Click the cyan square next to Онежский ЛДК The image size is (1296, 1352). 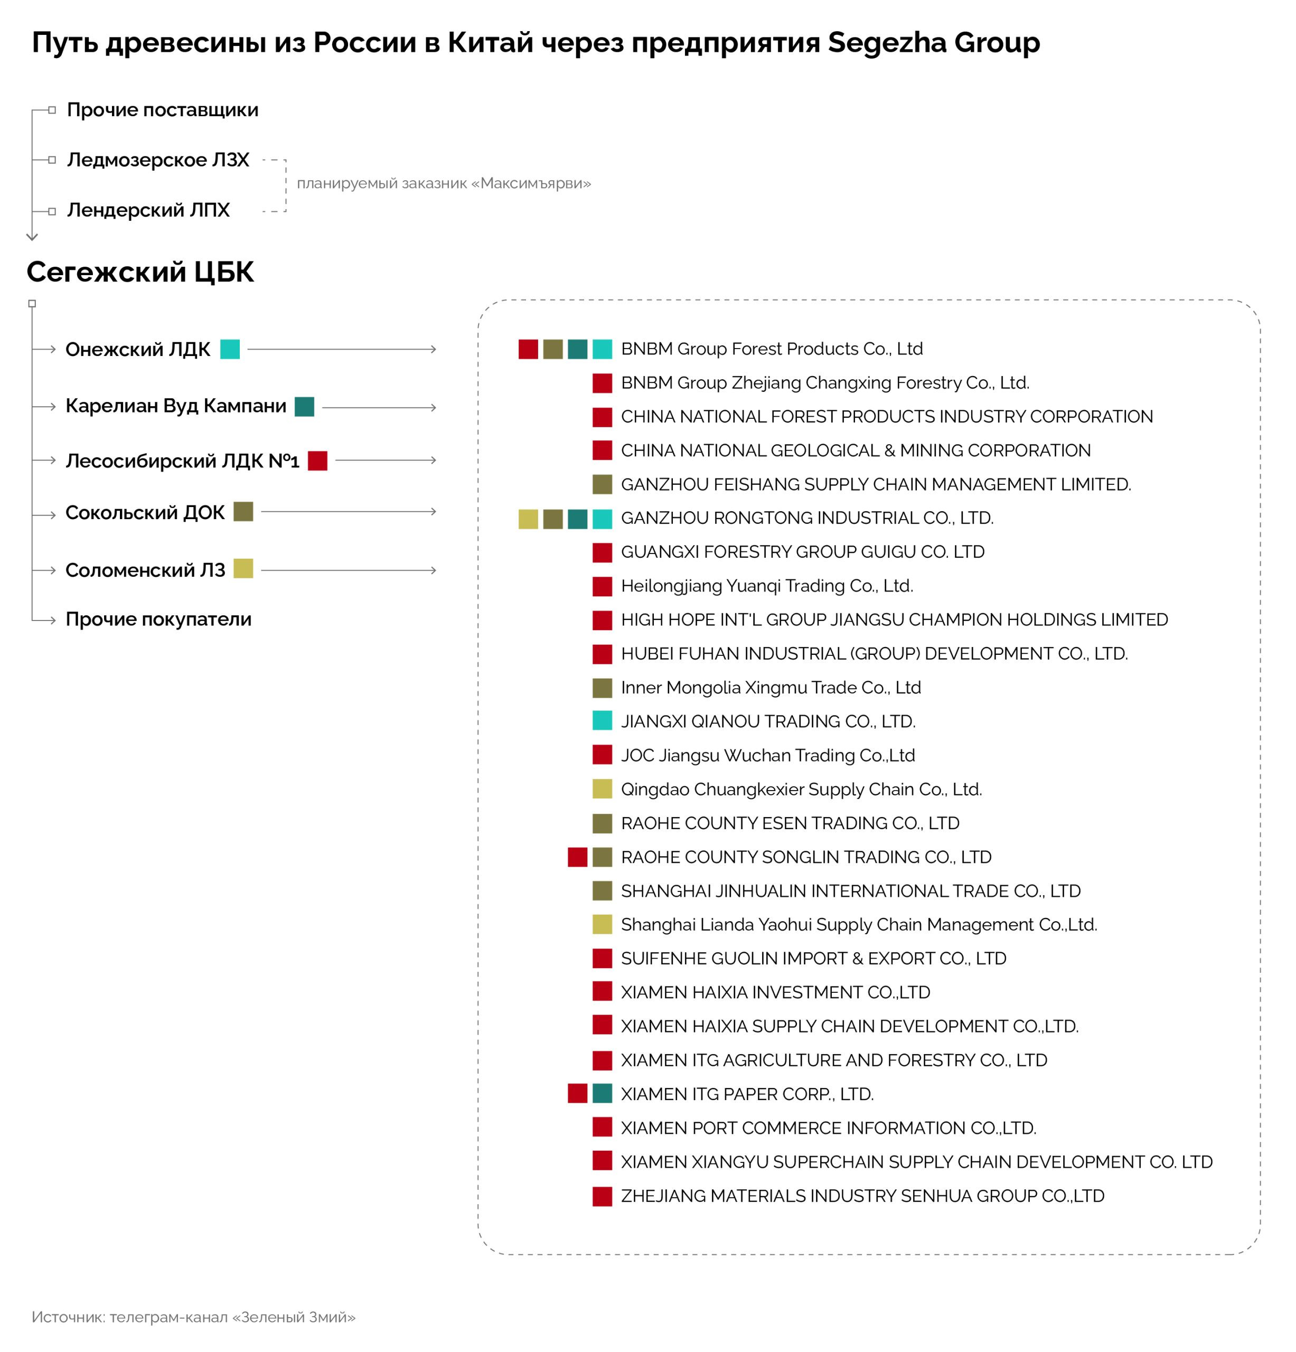click(230, 349)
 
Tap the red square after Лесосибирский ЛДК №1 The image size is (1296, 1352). click(317, 460)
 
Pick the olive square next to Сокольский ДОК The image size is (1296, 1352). click(243, 511)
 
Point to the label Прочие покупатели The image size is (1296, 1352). click(158, 619)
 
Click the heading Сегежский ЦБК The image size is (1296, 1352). click(140, 272)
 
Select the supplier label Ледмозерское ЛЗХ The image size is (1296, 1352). click(158, 159)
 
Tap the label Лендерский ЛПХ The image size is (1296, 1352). click(148, 210)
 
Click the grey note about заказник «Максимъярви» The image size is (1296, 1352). click(444, 183)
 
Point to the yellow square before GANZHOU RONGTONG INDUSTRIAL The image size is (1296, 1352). click(528, 519)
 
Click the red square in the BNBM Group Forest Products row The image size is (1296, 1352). click(528, 349)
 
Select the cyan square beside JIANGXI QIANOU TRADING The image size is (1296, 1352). click(602, 721)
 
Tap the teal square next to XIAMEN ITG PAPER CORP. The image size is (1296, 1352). click(602, 1093)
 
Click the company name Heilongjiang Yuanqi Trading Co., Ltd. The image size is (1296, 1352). click(766, 586)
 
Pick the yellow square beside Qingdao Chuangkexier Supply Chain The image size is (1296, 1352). click(602, 788)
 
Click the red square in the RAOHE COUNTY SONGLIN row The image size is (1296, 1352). click(577, 857)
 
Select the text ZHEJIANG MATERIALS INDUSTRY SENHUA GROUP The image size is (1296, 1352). click(862, 1196)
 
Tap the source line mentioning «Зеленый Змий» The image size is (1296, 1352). click(194, 1317)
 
